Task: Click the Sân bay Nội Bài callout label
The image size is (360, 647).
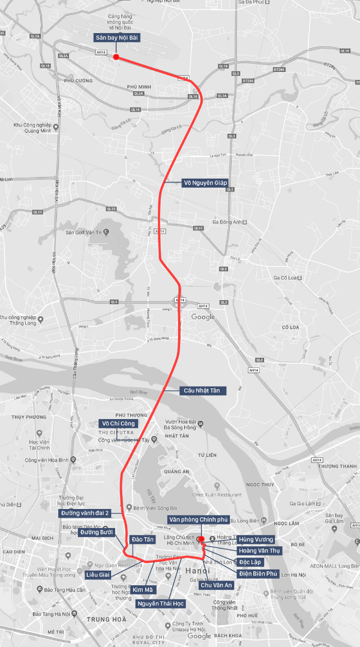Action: pos(118,38)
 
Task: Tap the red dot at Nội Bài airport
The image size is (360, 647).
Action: pos(116,58)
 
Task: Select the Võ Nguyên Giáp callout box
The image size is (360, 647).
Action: pos(206,182)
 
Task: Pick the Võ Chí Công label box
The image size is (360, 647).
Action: pos(119,423)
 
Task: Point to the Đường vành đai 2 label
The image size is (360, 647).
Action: pos(85,513)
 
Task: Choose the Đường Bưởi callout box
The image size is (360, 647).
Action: pos(97,532)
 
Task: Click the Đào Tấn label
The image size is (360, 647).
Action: pos(143,540)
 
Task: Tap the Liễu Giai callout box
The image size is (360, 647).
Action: pos(98,575)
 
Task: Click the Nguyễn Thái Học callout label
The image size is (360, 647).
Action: pos(161,603)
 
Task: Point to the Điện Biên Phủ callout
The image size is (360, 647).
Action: pos(258,574)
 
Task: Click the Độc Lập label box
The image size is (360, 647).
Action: pos(250,562)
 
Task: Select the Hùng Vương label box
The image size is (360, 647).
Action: pos(256,540)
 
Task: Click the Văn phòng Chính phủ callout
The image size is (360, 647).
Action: pos(199,519)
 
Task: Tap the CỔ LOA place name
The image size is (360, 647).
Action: pos(290,327)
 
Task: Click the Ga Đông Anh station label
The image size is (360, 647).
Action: pos(226,221)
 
